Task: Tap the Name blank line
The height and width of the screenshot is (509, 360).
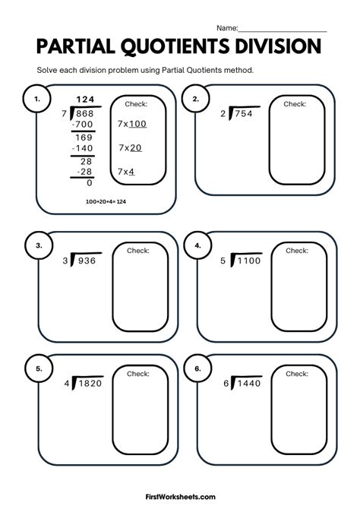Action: (283, 32)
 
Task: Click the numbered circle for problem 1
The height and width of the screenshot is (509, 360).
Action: (36, 99)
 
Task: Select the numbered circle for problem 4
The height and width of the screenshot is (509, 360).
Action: (197, 245)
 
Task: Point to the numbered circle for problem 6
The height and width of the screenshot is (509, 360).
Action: (197, 368)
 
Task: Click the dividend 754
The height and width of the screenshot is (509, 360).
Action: (244, 114)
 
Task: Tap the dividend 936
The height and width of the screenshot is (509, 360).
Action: (87, 261)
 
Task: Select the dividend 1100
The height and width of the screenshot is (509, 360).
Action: (249, 261)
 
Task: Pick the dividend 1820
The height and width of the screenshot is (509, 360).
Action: (90, 384)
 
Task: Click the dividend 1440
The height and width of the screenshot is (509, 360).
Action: (249, 384)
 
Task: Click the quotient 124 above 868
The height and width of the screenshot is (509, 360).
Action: (85, 100)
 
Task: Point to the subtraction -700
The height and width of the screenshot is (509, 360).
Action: (83, 124)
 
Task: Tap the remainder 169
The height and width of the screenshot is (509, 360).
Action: (84, 138)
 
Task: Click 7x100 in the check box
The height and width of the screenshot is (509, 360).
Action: (132, 124)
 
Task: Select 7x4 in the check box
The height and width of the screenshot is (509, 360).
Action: (126, 172)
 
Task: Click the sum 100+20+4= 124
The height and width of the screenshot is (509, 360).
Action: (106, 201)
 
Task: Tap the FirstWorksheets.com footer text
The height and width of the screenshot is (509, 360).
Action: (181, 497)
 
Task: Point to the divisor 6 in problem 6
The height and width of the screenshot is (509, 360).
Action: (226, 384)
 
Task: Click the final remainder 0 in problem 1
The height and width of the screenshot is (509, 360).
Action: (90, 183)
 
